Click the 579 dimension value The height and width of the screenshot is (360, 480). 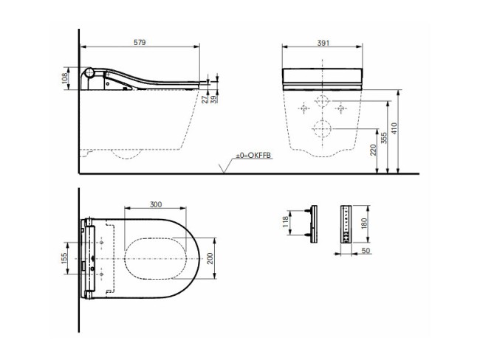point(140,43)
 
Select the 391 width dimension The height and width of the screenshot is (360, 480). point(323,43)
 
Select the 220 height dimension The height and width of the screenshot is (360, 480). point(374,151)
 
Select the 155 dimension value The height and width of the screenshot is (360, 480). point(65,257)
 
